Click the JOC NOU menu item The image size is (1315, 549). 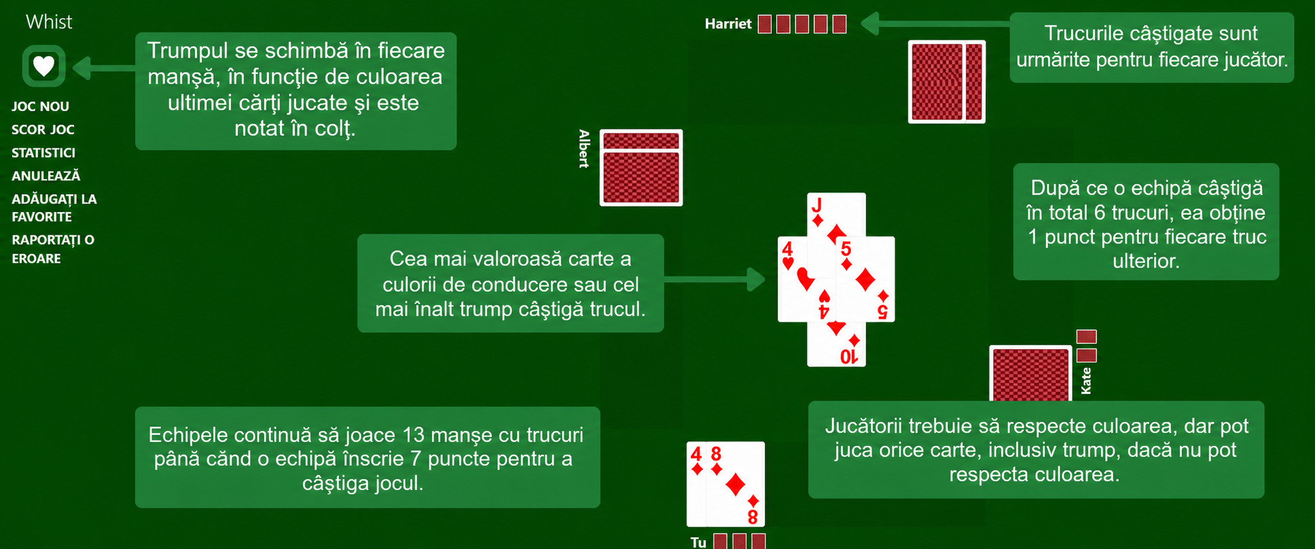(x=40, y=106)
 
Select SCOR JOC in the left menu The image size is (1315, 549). (x=43, y=129)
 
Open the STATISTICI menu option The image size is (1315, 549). (x=43, y=152)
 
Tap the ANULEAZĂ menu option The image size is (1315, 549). (x=45, y=176)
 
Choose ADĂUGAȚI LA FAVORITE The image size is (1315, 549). (x=54, y=208)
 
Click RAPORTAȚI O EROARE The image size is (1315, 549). (x=53, y=249)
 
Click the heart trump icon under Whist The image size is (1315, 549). (x=44, y=66)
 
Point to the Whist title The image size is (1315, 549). (x=49, y=22)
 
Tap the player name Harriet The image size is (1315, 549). (x=728, y=24)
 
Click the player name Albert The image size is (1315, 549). (x=584, y=148)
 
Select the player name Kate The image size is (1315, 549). (x=1086, y=380)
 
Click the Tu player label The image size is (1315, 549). (x=698, y=542)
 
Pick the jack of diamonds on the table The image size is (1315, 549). (x=836, y=216)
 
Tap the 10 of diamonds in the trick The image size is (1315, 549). (x=836, y=344)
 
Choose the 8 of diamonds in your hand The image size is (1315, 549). (x=736, y=484)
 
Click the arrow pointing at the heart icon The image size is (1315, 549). (x=104, y=68)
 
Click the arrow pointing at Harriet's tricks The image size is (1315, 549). (x=935, y=24)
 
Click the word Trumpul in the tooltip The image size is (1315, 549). (x=187, y=51)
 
